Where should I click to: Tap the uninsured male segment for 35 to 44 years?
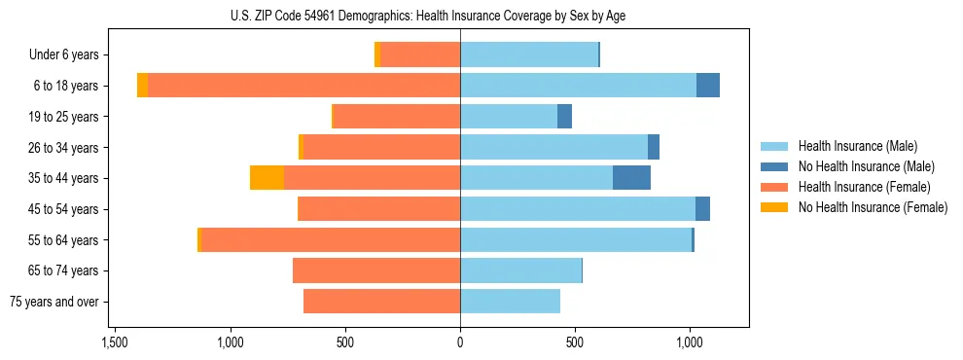point(631,178)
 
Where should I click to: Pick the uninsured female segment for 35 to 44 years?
point(267,178)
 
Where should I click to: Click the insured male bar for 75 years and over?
point(510,302)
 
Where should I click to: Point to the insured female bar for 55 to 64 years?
point(330,239)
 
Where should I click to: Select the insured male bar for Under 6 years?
point(528,54)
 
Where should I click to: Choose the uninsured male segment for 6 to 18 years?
point(708,86)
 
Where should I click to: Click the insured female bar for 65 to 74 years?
point(376,270)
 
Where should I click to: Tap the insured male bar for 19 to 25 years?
point(509,117)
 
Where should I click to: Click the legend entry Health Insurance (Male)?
point(857,146)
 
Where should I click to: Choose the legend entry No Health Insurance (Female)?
point(872,207)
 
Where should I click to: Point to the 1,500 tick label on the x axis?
point(115,343)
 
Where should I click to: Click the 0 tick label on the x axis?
point(460,343)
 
